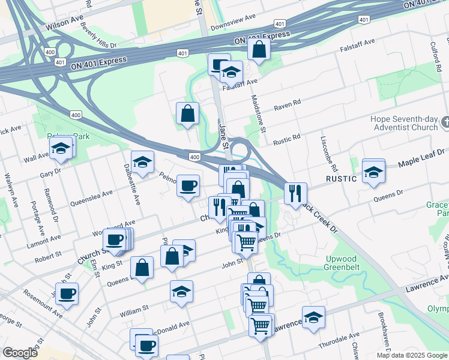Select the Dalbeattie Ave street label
(x=131, y=184)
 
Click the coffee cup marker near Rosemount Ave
(x=67, y=293)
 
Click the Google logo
(x=20, y=353)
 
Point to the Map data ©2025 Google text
(x=411, y=355)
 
